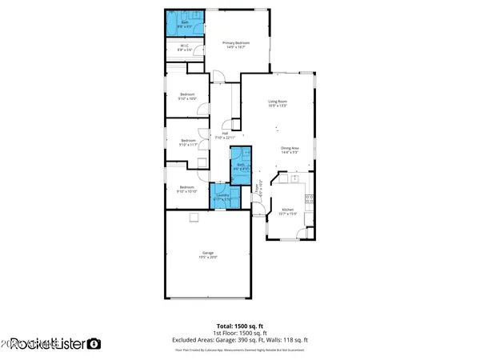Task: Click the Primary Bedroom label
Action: tap(236, 44)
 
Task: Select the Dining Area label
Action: tap(290, 150)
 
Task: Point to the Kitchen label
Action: tap(287, 211)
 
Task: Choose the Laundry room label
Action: tap(222, 196)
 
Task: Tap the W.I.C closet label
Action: tap(185, 46)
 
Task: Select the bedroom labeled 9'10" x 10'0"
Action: tap(187, 96)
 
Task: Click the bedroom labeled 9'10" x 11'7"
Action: tap(187, 142)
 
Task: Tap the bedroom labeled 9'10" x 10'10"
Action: tap(187, 190)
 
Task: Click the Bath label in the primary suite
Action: tap(184, 23)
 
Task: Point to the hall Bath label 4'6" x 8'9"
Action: tap(241, 167)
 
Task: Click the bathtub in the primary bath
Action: tap(171, 22)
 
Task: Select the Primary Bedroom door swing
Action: tap(218, 78)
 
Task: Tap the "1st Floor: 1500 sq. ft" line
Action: tap(239, 334)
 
